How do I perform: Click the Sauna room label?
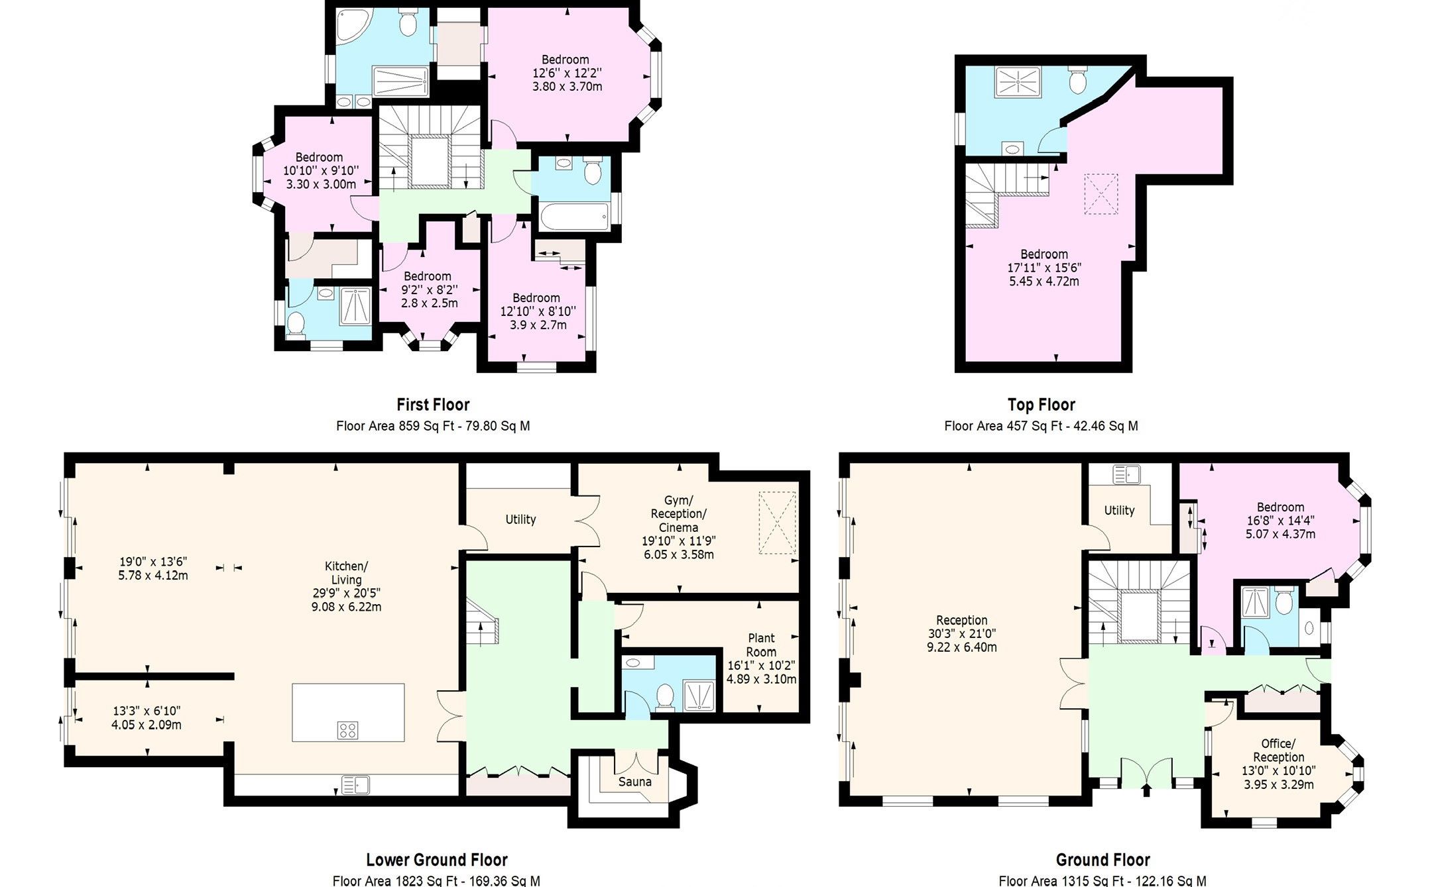(x=634, y=782)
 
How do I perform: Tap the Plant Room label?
(x=761, y=645)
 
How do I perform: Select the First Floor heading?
(x=433, y=404)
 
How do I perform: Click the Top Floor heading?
(x=1041, y=404)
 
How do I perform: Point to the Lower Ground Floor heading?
(x=437, y=860)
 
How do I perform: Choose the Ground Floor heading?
(x=1103, y=860)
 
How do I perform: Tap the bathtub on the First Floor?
(x=574, y=217)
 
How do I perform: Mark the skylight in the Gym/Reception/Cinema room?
(x=777, y=523)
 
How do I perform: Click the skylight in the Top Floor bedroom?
(x=1101, y=193)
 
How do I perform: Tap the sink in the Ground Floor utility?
(x=1125, y=474)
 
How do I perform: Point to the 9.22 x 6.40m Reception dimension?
(x=961, y=647)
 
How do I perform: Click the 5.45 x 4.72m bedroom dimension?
(x=1044, y=281)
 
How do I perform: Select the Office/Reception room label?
(x=1278, y=750)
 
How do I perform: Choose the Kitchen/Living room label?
(x=346, y=573)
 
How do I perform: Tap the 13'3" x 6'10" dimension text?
(x=147, y=711)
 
